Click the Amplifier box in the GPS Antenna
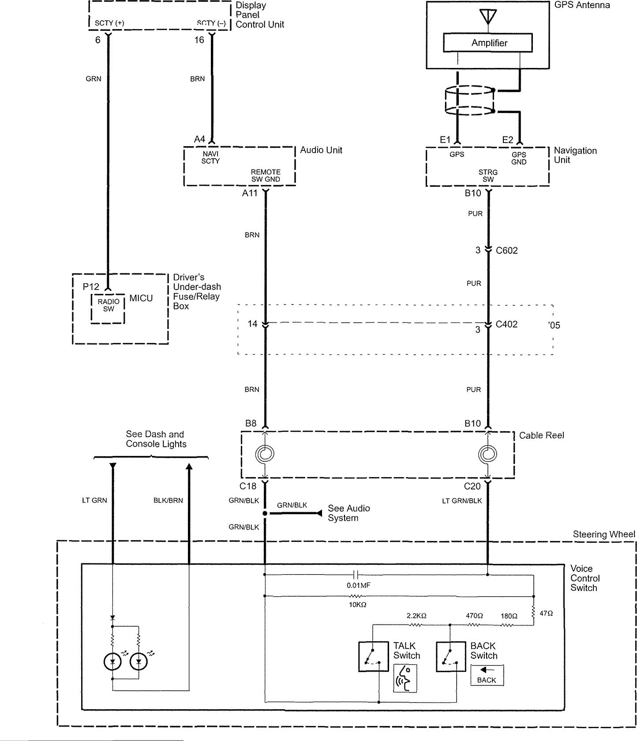tap(487, 43)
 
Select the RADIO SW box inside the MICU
tap(108, 308)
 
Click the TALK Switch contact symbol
tap(373, 656)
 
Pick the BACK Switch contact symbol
tap(451, 656)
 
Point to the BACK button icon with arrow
tap(487, 675)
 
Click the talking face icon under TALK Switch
tap(405, 678)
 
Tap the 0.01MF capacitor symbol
tap(356, 575)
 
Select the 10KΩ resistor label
tap(357, 605)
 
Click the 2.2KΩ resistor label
tap(416, 616)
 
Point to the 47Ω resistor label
tap(546, 613)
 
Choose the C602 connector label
tap(506, 251)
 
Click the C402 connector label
tap(506, 324)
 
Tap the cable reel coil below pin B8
tap(265, 454)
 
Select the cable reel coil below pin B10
tap(488, 454)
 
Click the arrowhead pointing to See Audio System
tap(319, 513)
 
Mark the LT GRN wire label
tap(94, 500)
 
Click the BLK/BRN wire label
tap(168, 500)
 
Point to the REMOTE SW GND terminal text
tap(266, 176)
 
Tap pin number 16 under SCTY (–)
tap(199, 40)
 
